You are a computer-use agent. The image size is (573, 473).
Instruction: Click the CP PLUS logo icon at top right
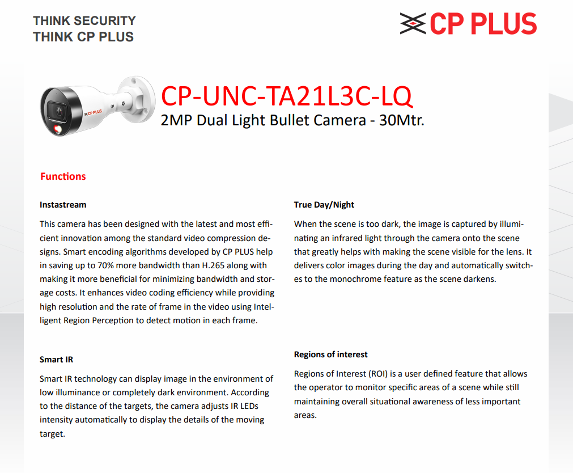413,24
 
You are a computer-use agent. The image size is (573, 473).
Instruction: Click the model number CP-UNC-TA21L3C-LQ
286,96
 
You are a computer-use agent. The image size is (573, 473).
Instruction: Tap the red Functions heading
63,176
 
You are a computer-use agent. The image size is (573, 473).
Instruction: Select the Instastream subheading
63,204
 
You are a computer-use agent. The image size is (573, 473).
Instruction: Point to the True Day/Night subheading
324,204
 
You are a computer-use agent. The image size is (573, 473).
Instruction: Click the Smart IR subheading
56,360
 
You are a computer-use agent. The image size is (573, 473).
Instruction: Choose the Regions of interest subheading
330,354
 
